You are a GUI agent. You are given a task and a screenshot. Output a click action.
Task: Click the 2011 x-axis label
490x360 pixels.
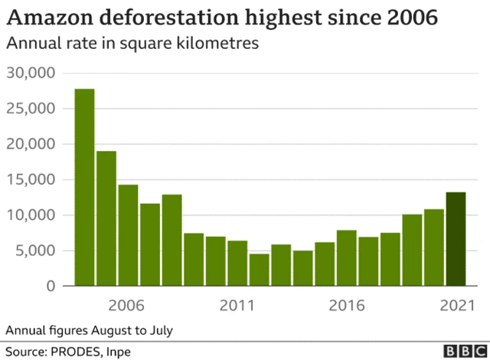237,306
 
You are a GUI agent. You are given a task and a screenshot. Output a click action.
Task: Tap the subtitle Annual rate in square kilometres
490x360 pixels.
132,43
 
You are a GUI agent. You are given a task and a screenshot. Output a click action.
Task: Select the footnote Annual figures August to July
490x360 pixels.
89,330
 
